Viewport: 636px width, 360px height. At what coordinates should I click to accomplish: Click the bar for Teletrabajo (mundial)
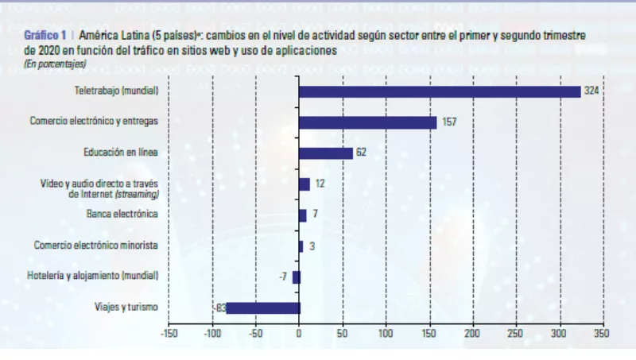pos(440,91)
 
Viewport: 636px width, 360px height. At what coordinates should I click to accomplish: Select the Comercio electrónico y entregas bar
pos(368,122)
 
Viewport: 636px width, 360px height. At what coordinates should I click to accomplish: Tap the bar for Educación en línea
pos(326,153)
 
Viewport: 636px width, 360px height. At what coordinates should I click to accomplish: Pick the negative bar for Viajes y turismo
pos(263,308)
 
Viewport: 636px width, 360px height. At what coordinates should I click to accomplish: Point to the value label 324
pos(591,91)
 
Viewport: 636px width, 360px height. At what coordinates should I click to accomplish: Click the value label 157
pos(448,122)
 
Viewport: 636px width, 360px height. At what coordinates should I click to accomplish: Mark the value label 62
pos(361,153)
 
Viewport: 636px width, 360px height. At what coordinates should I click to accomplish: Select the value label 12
pos(320,184)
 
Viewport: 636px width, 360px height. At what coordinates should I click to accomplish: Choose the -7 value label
pos(282,277)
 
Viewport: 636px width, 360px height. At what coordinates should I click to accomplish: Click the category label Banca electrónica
pos(122,215)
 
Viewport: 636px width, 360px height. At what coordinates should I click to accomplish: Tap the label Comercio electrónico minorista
pos(96,246)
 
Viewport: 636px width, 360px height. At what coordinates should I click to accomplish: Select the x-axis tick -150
pos(168,334)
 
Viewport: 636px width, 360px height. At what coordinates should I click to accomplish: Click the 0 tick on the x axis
pos(299,334)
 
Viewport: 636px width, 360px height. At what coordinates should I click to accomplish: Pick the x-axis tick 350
pos(603,334)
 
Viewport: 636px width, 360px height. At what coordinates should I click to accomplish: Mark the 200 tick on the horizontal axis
pos(472,334)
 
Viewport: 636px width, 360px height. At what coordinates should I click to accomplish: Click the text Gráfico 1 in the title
pos(45,37)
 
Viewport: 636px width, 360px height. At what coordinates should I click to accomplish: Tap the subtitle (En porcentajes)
pos(55,62)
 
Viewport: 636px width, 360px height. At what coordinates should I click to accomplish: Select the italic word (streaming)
pos(137,194)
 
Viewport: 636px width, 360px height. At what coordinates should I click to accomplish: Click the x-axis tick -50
pos(255,334)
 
